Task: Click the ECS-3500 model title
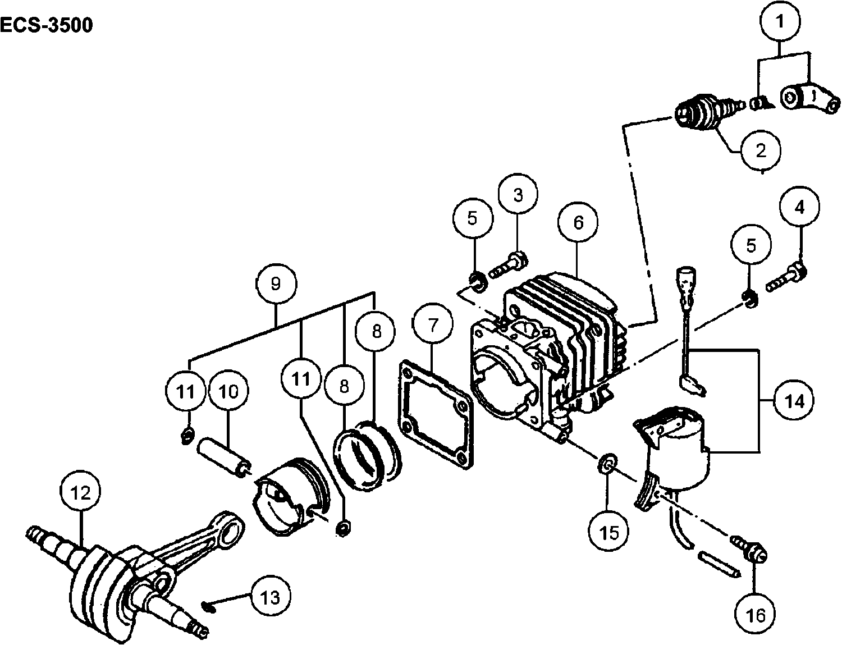(x=47, y=26)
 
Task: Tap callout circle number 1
(x=780, y=22)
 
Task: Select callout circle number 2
(x=761, y=150)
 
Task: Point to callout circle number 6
(x=578, y=222)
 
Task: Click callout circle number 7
(x=432, y=323)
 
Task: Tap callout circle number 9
(x=276, y=284)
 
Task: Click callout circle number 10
(x=228, y=391)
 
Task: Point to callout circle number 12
(x=81, y=492)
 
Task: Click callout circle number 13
(x=270, y=597)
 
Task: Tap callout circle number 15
(x=608, y=533)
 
